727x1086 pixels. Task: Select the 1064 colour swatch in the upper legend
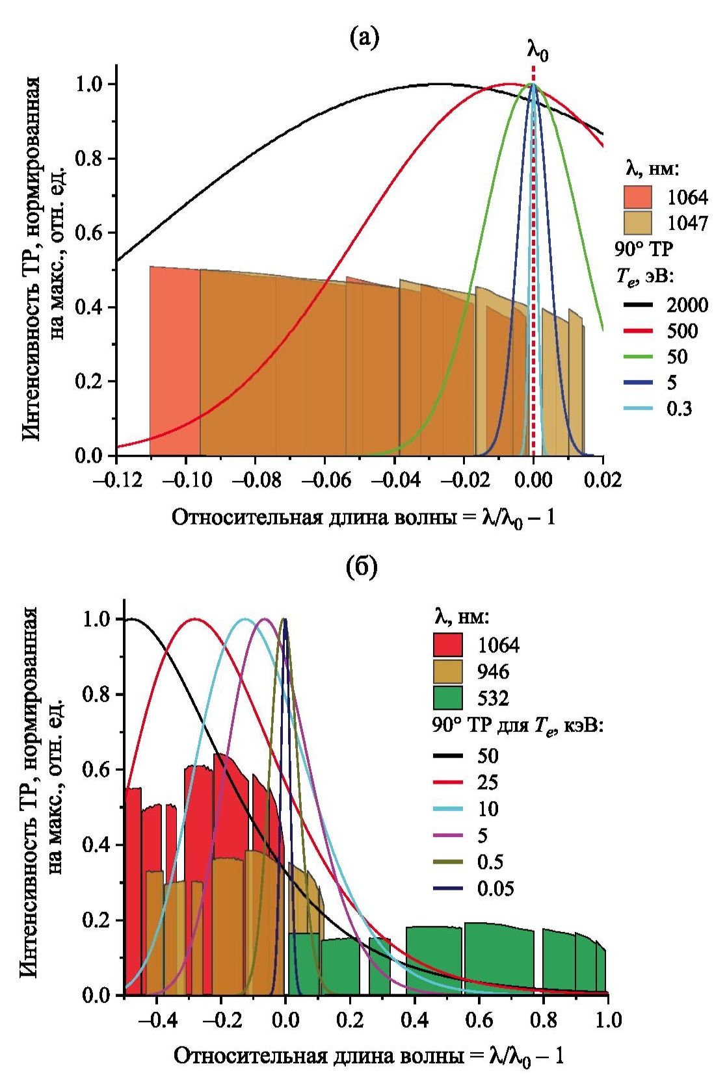(x=638, y=197)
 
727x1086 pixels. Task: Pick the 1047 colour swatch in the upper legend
(x=638, y=222)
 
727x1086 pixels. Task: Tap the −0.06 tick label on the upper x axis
(x=325, y=480)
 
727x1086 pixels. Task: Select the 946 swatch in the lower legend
(x=448, y=671)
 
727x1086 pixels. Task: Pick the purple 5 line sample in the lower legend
(x=448, y=835)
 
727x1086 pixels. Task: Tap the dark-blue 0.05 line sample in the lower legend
(x=448, y=888)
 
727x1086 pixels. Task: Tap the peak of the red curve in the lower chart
(x=194, y=619)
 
